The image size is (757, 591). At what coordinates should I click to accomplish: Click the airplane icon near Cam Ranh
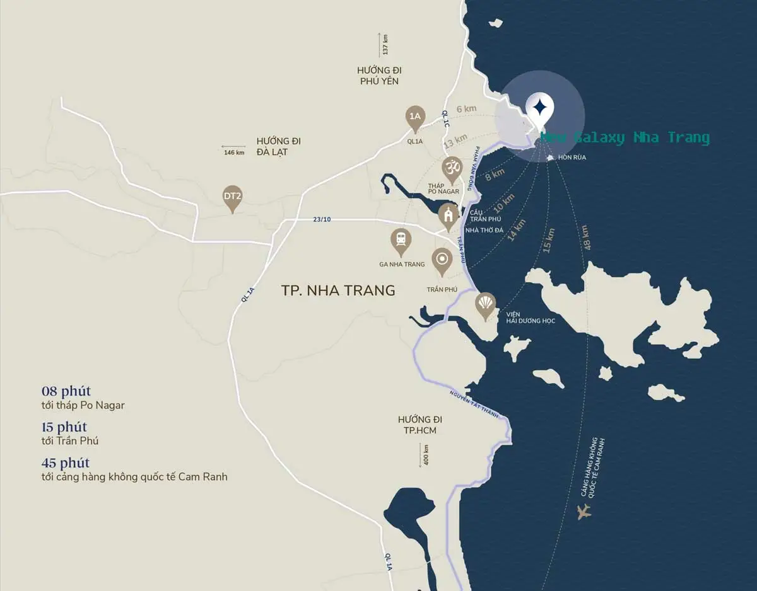click(x=585, y=511)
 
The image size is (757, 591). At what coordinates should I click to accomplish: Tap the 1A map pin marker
click(x=414, y=117)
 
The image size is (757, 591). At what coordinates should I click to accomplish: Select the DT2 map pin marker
click(x=233, y=197)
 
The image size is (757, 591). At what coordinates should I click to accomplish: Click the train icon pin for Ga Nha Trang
click(x=401, y=240)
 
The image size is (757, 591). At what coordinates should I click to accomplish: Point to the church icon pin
click(x=449, y=215)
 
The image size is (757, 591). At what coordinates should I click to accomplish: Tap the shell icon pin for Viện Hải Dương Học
click(x=485, y=305)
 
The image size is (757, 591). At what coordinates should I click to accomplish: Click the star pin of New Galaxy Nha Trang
click(x=539, y=108)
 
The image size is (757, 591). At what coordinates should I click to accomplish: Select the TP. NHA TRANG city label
click(x=338, y=290)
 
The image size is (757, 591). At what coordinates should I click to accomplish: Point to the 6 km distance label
click(x=466, y=109)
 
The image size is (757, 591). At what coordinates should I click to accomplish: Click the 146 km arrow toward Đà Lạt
click(x=234, y=152)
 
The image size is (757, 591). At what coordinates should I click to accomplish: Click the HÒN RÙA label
click(x=572, y=158)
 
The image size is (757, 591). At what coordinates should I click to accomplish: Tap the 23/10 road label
click(x=321, y=219)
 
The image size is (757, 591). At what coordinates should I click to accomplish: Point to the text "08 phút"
click(x=66, y=391)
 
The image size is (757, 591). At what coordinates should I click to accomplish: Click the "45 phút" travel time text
click(x=66, y=462)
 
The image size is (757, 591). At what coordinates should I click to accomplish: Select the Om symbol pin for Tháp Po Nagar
click(x=451, y=168)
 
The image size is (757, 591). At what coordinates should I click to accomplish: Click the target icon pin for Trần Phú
click(x=442, y=259)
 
